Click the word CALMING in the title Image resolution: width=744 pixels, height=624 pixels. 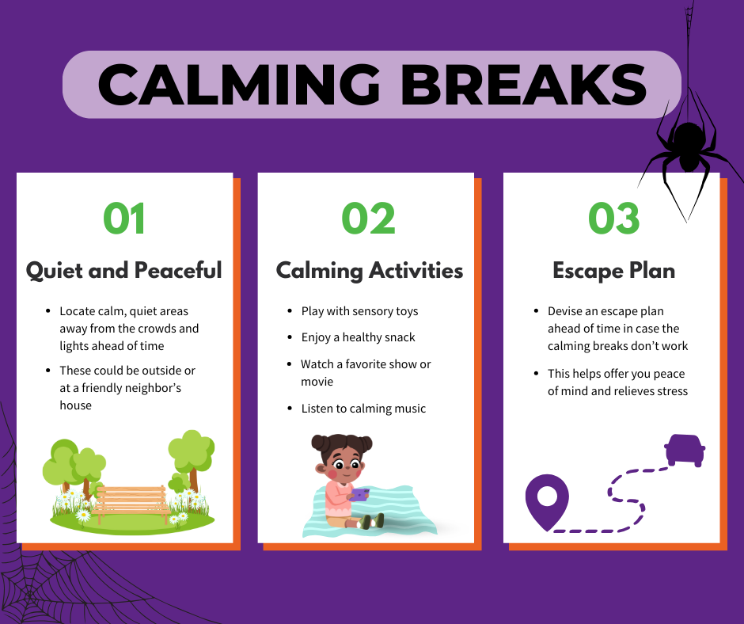[239, 85]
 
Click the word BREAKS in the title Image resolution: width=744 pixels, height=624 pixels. [524, 85]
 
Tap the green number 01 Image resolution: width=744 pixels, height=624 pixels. [124, 218]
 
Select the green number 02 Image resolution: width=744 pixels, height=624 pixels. [368, 218]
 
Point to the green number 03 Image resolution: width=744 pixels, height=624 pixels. [614, 218]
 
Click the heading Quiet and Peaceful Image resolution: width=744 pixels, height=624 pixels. [123, 271]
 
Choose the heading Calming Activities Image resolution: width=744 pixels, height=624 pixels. [369, 271]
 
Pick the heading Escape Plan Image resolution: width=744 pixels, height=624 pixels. [613, 271]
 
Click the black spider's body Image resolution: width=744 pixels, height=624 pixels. [689, 146]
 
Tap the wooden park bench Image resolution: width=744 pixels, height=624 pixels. [131, 504]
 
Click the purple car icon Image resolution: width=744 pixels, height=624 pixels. [684, 450]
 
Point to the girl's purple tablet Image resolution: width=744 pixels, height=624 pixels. [359, 495]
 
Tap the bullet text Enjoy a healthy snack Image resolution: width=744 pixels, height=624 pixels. [359, 337]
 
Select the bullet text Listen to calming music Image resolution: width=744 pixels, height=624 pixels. [363, 409]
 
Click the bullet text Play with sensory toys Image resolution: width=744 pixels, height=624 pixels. [359, 311]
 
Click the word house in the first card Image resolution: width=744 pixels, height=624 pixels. [76, 405]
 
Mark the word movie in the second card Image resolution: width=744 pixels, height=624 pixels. [317, 382]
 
